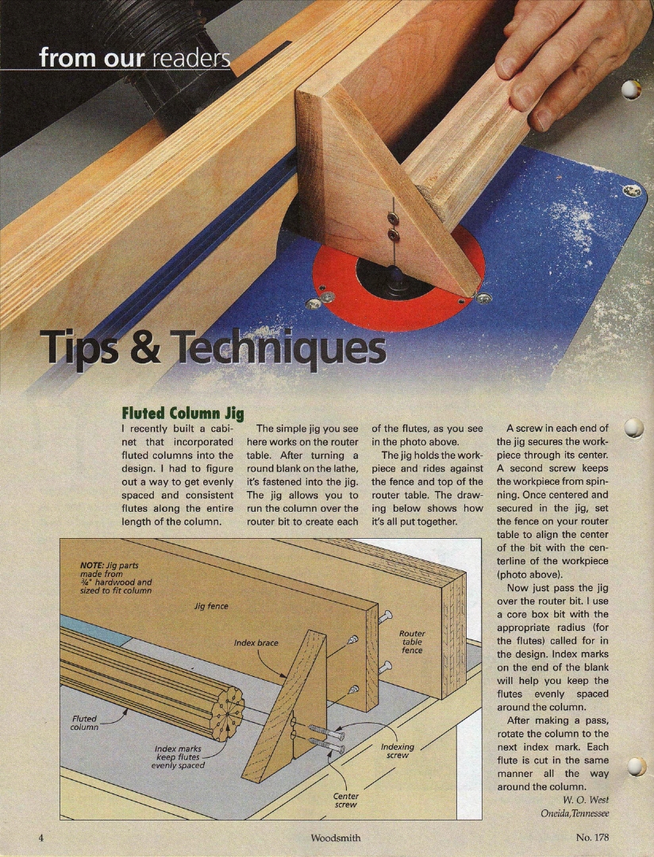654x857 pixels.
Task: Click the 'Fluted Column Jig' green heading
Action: [183, 413]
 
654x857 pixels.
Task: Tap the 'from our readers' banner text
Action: [134, 58]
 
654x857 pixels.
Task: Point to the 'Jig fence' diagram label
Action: [211, 606]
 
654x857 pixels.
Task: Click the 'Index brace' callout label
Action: [256, 643]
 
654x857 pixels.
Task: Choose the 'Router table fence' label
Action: [412, 642]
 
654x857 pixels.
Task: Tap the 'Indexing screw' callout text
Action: [398, 751]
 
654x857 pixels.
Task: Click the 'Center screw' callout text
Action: [345, 800]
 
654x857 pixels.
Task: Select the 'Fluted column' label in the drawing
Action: [84, 723]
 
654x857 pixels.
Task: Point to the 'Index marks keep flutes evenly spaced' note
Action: [178, 757]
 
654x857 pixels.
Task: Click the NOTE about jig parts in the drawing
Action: [116, 578]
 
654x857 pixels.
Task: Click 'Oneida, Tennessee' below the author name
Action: [575, 813]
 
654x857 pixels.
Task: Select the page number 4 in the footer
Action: [41, 837]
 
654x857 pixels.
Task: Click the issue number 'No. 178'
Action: [592, 837]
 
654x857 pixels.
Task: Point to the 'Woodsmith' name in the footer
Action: [336, 837]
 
